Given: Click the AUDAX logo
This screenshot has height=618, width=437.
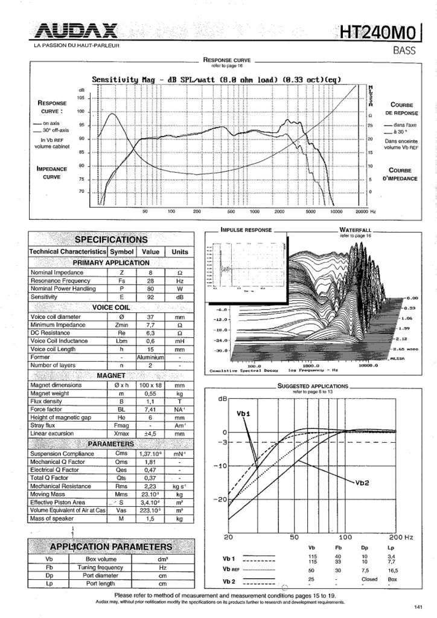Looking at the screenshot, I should point(77,31).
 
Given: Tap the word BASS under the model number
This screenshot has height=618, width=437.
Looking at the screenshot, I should point(404,51).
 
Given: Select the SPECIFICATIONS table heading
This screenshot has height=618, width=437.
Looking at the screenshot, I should point(110,240).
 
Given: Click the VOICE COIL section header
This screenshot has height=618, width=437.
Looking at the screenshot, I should point(110,307).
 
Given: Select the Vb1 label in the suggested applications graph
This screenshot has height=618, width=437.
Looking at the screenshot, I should point(244,413).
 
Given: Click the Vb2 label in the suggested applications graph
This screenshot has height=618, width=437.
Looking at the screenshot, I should point(362,481).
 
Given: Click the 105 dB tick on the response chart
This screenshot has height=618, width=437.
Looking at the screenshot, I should point(80,98).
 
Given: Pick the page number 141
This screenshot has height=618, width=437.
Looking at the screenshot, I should point(418,607).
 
